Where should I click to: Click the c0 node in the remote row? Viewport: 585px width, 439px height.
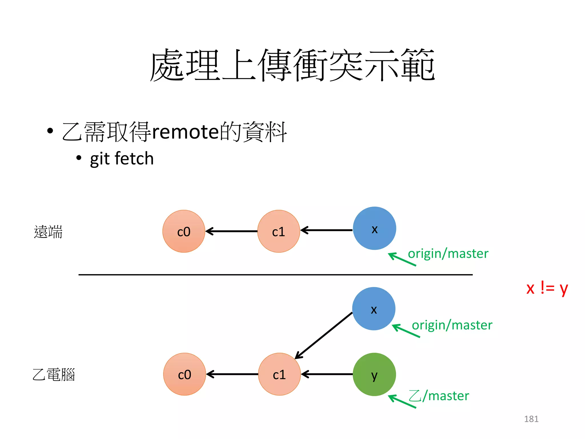184,231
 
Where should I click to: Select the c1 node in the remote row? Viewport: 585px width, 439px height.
279,231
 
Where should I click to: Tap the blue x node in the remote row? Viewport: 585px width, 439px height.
374,228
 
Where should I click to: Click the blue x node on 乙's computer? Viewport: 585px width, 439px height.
374,309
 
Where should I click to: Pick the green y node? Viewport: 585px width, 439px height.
374,374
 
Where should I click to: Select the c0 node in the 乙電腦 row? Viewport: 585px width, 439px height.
185,374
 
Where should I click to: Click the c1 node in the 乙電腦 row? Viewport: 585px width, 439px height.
279,374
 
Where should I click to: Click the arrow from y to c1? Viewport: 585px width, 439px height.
327,374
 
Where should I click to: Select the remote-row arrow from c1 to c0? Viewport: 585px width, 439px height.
231,231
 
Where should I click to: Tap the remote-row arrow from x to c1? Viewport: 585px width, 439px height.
326,230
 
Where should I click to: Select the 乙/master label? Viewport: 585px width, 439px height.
439,396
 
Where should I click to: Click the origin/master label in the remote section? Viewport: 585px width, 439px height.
448,254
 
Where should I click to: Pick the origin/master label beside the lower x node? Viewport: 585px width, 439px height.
452,325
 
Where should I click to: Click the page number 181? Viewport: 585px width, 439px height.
531,419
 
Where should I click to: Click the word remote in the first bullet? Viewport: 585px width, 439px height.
185,132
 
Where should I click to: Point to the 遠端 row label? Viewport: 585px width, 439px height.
48,232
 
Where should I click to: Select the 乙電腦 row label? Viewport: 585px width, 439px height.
54,374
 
